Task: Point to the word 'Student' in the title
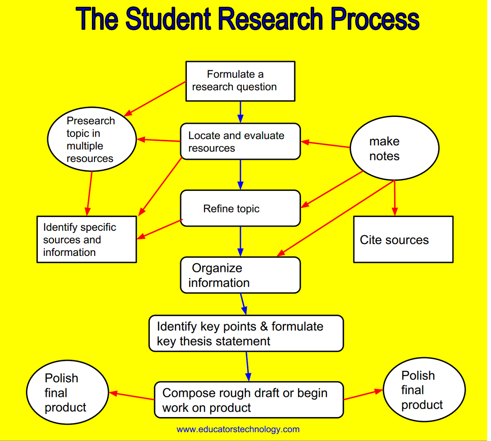[169, 19]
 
